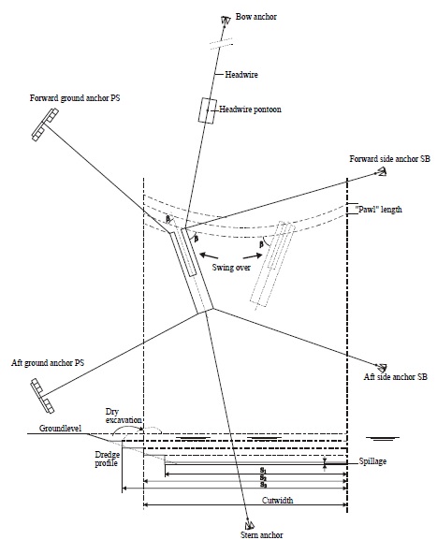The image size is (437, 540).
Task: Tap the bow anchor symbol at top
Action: coord(226,20)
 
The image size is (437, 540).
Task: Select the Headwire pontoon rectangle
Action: coord(208,110)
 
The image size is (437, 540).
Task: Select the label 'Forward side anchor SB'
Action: coord(388,159)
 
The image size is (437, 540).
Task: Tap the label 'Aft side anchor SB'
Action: coord(396,377)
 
